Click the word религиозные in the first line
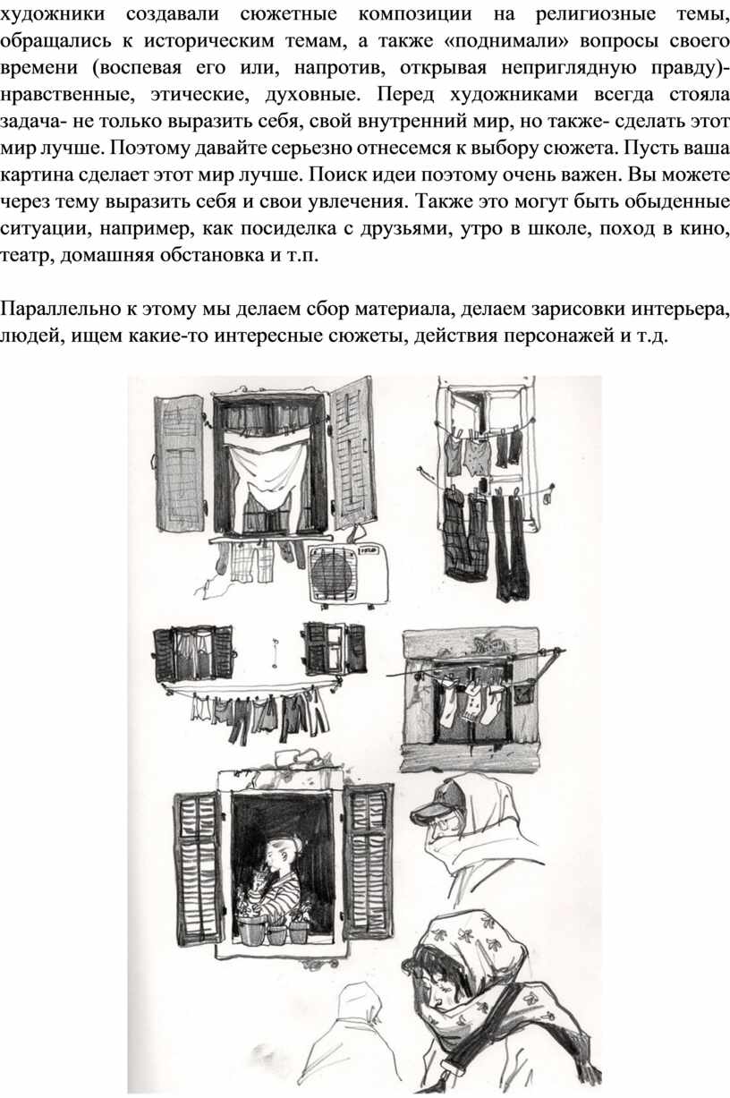[x=596, y=14]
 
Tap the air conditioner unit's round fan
[x=333, y=572]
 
